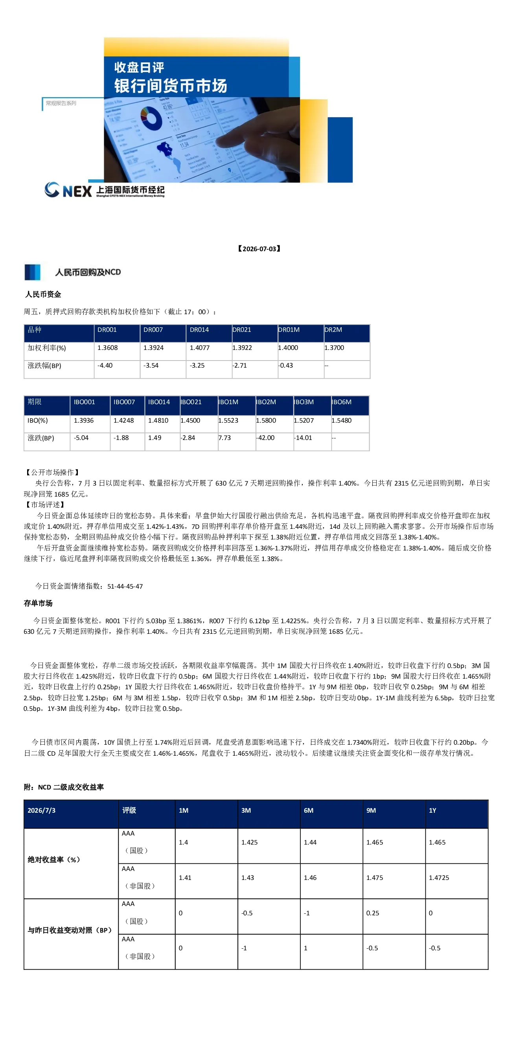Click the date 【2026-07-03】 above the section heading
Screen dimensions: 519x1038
[259, 248]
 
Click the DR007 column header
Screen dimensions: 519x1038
[153, 329]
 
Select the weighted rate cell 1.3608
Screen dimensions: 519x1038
[108, 348]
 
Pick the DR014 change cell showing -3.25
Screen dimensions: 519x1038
[197, 366]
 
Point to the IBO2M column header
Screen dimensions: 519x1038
[266, 402]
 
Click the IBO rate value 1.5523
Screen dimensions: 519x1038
[228, 420]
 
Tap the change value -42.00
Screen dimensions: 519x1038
[265, 438]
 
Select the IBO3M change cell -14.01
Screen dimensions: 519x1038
[303, 438]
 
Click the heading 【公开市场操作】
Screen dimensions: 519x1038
[52, 472]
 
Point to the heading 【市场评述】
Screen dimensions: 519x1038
[45, 504]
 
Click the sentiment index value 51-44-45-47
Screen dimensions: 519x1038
[125, 586]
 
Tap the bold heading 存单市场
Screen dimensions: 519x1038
[38, 603]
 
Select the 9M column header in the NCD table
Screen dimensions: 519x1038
[371, 810]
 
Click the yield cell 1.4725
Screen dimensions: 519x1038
[439, 878]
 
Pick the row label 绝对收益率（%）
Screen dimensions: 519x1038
[54, 859]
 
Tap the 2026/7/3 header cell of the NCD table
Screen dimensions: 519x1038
[42, 810]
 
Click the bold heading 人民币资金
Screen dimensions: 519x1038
[43, 294]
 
